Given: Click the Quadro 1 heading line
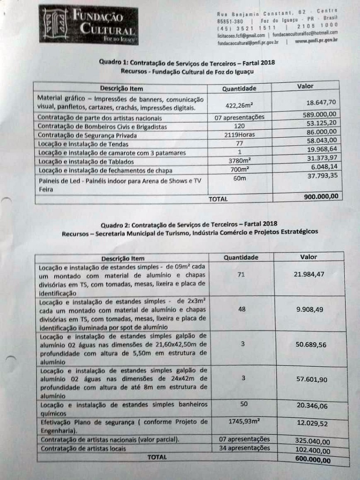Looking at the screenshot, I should pyautogui.click(x=187, y=63).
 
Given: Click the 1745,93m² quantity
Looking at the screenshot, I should pyautogui.click(x=244, y=422).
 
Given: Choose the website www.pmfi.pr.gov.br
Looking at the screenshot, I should pyautogui.click(x=316, y=42).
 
